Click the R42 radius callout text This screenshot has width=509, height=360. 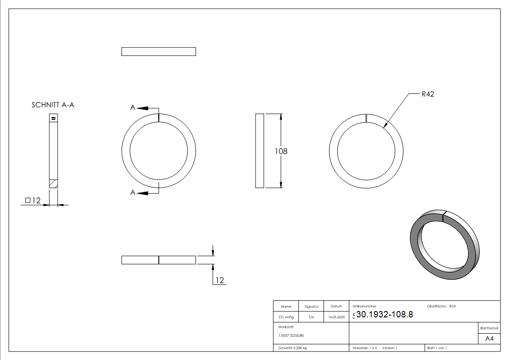pyautogui.click(x=427, y=94)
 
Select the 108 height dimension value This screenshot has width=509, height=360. pyautogui.click(x=281, y=151)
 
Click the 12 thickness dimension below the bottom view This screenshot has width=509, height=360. pyautogui.click(x=219, y=280)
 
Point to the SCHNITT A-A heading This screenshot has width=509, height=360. pyautogui.click(x=53, y=105)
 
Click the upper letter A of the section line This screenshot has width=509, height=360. pyautogui.click(x=133, y=107)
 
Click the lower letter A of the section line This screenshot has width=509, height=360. pyautogui.click(x=133, y=193)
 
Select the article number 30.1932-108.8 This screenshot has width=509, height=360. pyautogui.click(x=384, y=315)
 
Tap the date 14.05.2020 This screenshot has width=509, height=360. pyautogui.click(x=336, y=317)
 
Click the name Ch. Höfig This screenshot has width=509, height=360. pyautogui.click(x=286, y=317)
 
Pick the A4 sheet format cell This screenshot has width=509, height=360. pyautogui.click(x=490, y=339)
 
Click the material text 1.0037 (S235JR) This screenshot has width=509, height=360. pyautogui.click(x=291, y=335)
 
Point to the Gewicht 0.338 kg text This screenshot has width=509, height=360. pyautogui.click(x=292, y=348)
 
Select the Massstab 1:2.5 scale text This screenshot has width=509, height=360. pyautogui.click(x=365, y=348)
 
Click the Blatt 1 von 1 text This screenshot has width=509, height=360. pyautogui.click(x=437, y=348)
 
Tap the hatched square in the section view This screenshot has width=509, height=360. pyautogui.click(x=53, y=183)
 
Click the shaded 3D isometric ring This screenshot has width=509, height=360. pyautogui.click(x=444, y=245)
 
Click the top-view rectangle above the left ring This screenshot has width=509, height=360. pyautogui.click(x=159, y=51)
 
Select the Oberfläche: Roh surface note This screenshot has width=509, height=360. pyautogui.click(x=441, y=306)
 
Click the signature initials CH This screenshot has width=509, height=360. pyautogui.click(x=311, y=317)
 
